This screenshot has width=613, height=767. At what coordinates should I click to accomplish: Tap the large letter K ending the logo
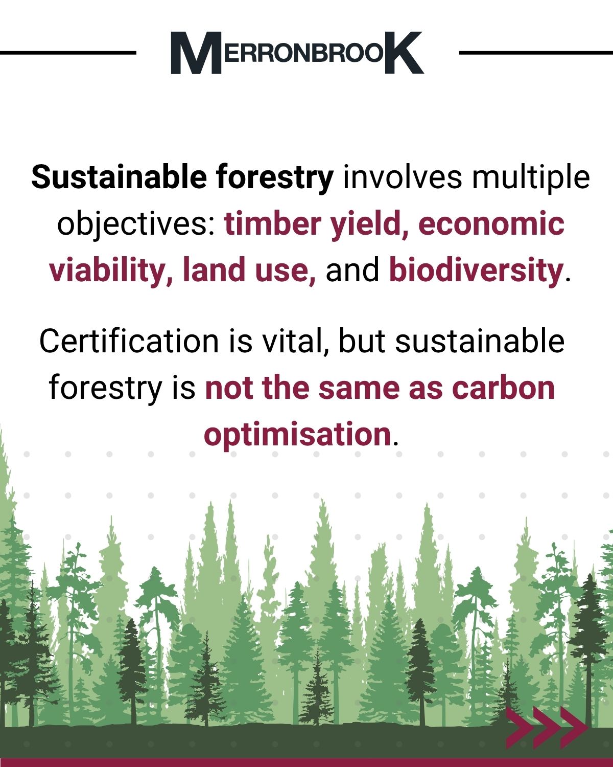tap(405, 53)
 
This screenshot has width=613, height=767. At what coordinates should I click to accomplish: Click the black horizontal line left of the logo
tap(68, 53)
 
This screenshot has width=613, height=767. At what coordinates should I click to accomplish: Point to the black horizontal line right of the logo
tap(536, 53)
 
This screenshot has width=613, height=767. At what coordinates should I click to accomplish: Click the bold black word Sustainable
tap(119, 177)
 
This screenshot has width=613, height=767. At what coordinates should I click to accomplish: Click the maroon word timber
tap(272, 223)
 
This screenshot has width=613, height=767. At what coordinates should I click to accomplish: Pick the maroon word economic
tap(491, 223)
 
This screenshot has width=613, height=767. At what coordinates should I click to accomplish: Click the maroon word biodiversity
tap(476, 270)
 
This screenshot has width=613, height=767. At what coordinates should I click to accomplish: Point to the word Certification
tap(129, 341)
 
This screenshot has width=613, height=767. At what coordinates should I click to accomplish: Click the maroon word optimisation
tap(297, 435)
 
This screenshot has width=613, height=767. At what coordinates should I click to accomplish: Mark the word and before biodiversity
tap(352, 270)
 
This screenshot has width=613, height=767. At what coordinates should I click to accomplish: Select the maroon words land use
tap(249, 270)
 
